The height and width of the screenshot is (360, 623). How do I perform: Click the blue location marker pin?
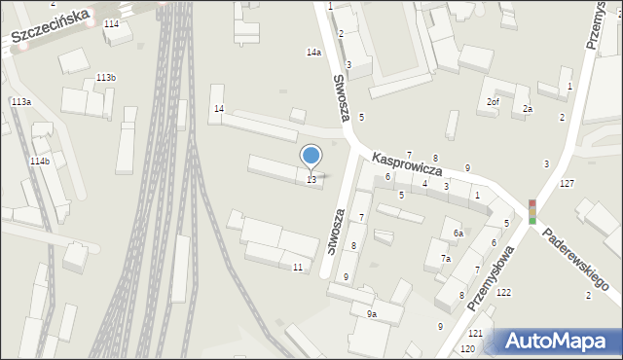pos(311,157)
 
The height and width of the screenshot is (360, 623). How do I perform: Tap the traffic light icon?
pos(531,211)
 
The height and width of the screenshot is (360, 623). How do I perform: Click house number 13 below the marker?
pos(311,180)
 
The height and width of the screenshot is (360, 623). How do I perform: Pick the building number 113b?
pos(106,78)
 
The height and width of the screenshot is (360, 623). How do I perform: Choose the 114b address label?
pos(40,162)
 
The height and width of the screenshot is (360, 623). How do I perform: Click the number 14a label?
pos(313,53)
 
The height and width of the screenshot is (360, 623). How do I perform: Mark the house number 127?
pos(567,184)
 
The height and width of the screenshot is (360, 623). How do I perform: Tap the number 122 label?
pos(503,293)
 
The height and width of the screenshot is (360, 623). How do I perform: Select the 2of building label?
pos(493,102)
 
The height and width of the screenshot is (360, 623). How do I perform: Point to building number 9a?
pos(371,314)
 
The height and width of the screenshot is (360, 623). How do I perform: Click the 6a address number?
pos(458,234)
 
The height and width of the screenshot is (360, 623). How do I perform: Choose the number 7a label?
pos(445,259)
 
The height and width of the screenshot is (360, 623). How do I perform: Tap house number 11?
pos(297,267)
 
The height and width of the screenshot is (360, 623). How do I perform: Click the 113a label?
pos(20,102)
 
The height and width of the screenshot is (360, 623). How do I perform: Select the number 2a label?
pos(527,109)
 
